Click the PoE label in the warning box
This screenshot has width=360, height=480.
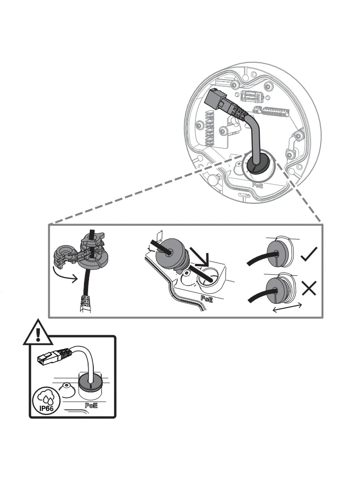(91, 405)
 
